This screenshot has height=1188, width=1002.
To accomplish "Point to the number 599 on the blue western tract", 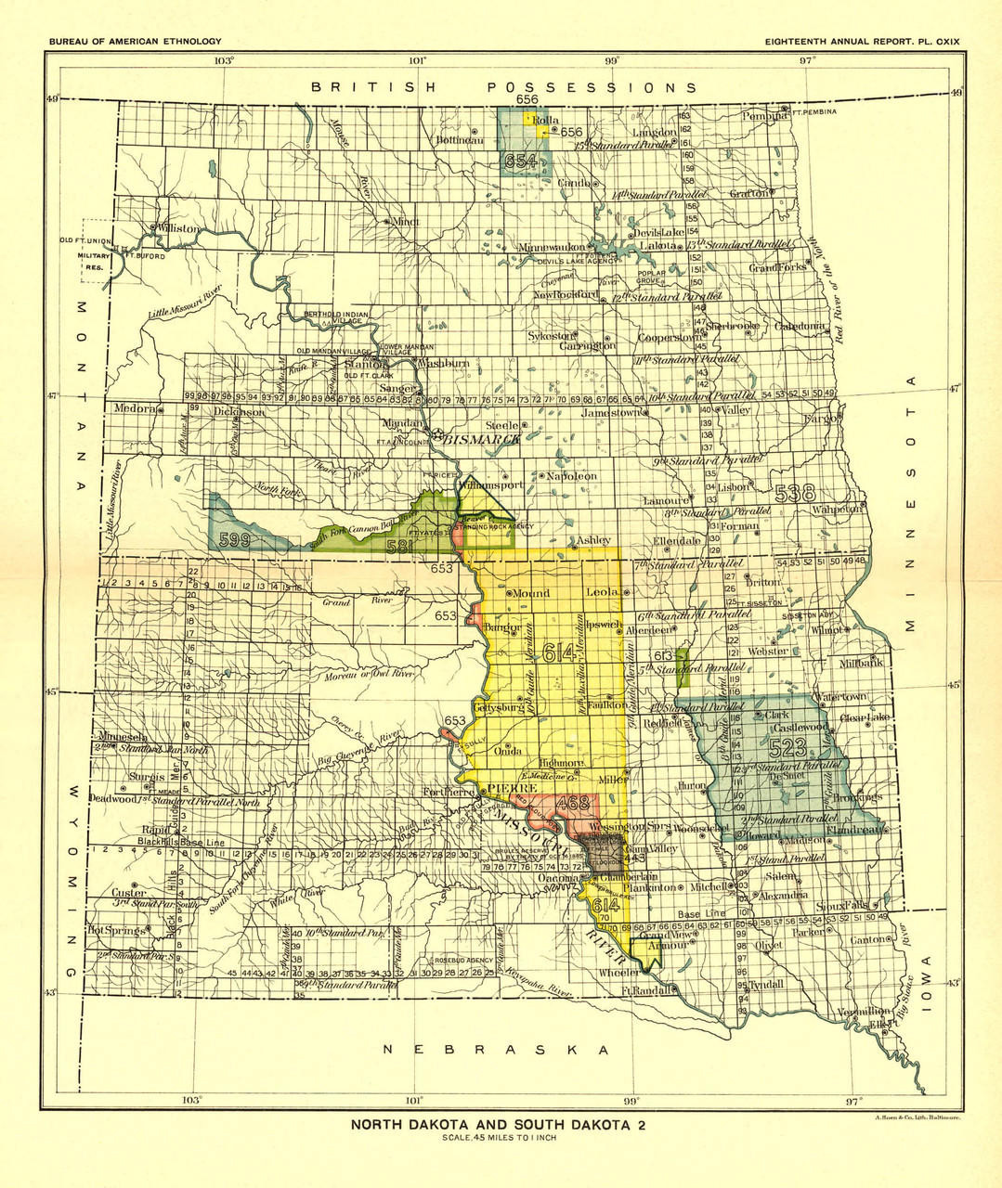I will click(x=235, y=538).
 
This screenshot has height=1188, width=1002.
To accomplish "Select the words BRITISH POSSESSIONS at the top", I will click(x=503, y=87).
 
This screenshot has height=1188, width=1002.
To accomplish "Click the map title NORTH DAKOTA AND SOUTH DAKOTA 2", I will click(x=498, y=1125).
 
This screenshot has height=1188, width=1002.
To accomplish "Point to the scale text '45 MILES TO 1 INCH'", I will click(x=499, y=1138).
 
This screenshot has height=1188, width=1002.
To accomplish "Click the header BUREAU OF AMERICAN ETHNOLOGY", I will click(x=136, y=42).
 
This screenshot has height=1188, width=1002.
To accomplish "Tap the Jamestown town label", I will click(x=611, y=412).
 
